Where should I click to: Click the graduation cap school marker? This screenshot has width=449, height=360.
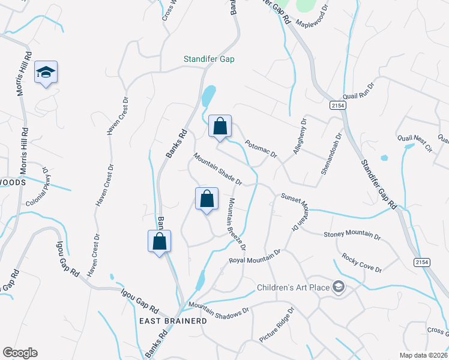(x=46, y=72)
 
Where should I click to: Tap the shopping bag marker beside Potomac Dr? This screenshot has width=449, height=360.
(x=220, y=127)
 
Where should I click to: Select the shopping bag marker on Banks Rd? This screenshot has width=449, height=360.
(x=160, y=241)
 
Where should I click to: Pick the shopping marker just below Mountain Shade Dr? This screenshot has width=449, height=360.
(x=206, y=199)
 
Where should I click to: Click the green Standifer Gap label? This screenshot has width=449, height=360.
(x=209, y=59)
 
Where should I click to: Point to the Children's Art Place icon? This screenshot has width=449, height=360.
(x=339, y=287)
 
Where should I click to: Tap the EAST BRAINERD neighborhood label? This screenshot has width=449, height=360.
(x=173, y=321)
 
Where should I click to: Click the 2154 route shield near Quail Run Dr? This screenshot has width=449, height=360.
(x=338, y=106)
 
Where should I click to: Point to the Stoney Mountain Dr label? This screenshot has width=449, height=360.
(x=352, y=235)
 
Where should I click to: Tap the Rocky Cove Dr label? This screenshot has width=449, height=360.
(x=362, y=263)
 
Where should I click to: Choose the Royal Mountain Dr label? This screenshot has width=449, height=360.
(x=255, y=257)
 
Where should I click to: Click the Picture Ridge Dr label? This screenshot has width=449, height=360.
(x=276, y=326)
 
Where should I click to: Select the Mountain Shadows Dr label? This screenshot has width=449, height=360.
(x=218, y=308)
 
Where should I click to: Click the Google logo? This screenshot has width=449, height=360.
(x=20, y=353)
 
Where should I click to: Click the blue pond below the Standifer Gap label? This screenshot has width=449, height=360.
(x=208, y=95)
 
